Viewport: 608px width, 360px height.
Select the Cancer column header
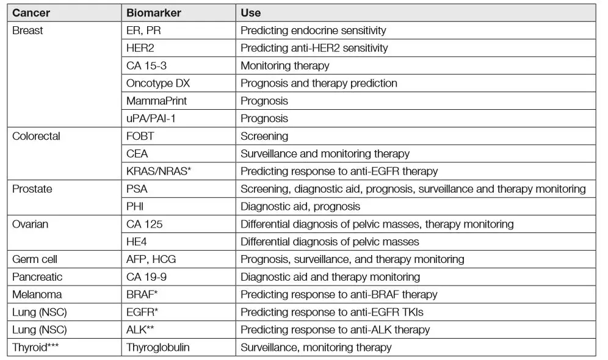(31, 13)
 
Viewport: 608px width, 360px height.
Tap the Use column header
(251, 13)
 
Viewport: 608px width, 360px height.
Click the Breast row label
(27, 30)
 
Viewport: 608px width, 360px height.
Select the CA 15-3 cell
(147, 65)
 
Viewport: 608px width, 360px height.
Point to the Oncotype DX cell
(158, 83)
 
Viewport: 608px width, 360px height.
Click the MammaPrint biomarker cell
(156, 101)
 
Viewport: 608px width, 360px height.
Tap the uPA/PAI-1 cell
(150, 118)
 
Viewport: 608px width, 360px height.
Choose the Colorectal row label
(36, 136)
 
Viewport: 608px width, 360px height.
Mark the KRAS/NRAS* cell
(159, 171)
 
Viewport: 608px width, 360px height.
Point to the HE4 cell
(137, 242)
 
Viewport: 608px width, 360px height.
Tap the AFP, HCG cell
(151, 259)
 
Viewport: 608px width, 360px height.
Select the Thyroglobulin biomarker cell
(158, 348)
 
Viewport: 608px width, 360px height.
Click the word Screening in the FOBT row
(264, 136)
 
